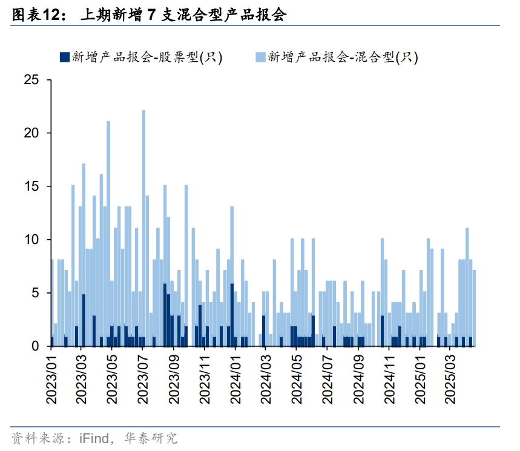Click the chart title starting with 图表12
coord(149,15)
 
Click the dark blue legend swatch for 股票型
coord(63,58)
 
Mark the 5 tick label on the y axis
coord(35,293)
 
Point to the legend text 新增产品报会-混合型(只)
coord(342,58)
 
